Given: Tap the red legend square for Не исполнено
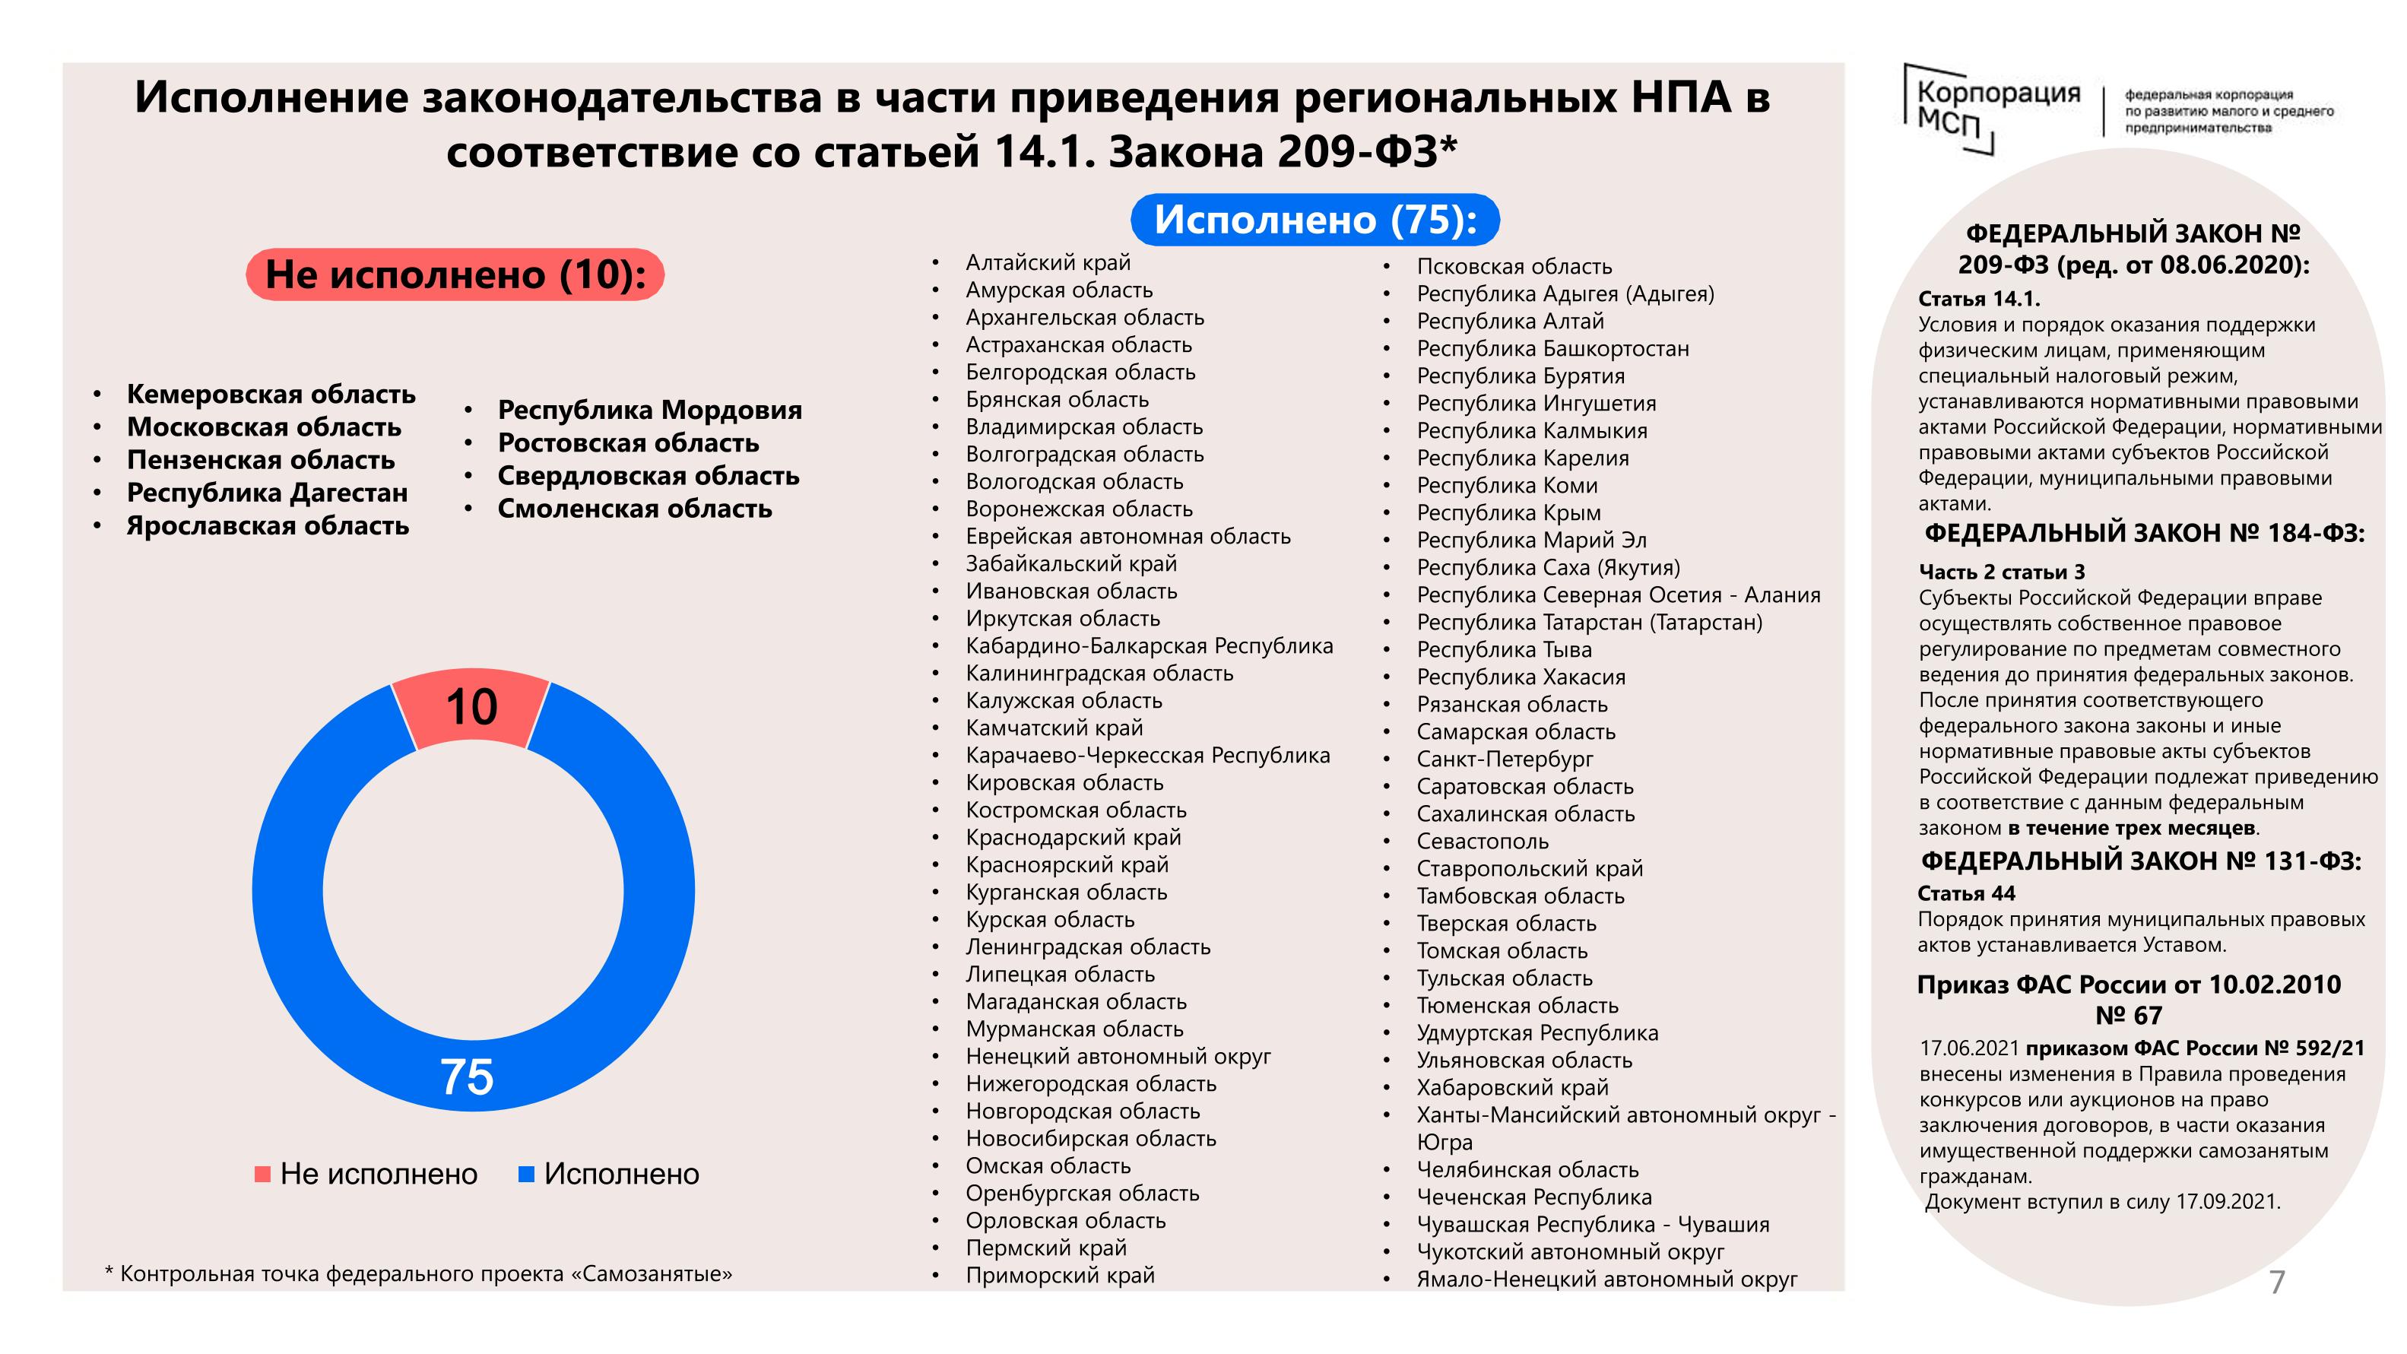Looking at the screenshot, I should coord(262,1174).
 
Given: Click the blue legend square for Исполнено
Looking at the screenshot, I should coord(526,1174).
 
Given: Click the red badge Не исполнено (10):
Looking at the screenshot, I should coord(455,274).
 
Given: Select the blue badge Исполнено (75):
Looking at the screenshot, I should coord(1314,220).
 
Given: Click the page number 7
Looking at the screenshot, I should coord(2277,1282).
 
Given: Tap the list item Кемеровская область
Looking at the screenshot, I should coord(271,395).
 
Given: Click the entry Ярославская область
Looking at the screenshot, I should coord(268,526).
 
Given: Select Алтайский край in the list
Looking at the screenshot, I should coord(1048,262).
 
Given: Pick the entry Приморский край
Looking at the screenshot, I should coord(1060,1276).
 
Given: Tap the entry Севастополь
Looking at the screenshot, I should coord(1482,841).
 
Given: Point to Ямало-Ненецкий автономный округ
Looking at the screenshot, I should coord(1606,1279).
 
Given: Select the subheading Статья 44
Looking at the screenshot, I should coord(1966,893).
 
